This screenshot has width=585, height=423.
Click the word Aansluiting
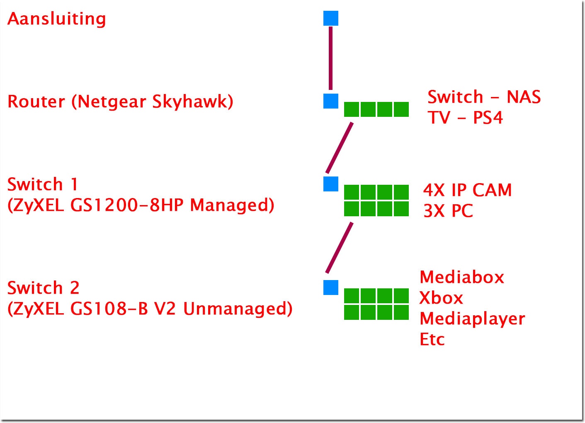[56, 19]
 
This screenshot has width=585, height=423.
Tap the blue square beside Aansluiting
[331, 18]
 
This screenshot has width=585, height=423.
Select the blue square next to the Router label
[331, 101]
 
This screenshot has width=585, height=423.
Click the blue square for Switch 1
[331, 184]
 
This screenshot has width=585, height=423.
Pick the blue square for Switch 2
[331, 288]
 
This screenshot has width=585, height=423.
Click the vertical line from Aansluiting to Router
[330, 58]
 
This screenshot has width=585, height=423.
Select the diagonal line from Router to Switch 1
[340, 148]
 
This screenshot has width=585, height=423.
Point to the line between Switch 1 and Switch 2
[340, 248]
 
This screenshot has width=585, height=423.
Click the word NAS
[524, 97]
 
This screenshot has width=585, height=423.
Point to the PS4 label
[488, 118]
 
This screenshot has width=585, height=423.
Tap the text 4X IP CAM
[467, 190]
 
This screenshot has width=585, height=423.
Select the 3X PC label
[448, 211]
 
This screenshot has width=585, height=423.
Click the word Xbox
[441, 298]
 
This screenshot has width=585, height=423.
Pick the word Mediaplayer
[472, 319]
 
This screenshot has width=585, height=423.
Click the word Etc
[432, 339]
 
